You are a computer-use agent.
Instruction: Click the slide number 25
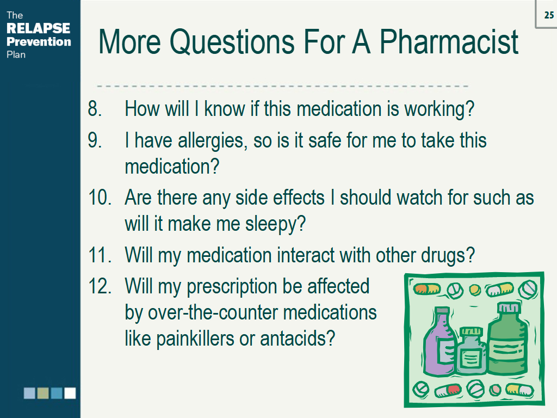[549, 15]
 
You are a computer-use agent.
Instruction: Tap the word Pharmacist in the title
[449, 42]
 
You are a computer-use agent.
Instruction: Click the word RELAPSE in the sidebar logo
[39, 28]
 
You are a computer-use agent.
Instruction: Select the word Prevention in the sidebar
[39, 41]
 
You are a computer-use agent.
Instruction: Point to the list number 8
[95, 108]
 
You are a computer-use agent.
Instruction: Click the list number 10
[100, 197]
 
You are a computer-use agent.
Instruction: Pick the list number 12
[100, 286]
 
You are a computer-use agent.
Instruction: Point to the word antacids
[298, 339]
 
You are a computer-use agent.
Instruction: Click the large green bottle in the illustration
[508, 340]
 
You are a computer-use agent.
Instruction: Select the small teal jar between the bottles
[472, 352]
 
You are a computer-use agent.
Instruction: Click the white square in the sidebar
[70, 393]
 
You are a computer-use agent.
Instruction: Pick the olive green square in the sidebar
[43, 393]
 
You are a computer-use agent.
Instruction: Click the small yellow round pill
[475, 290]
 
